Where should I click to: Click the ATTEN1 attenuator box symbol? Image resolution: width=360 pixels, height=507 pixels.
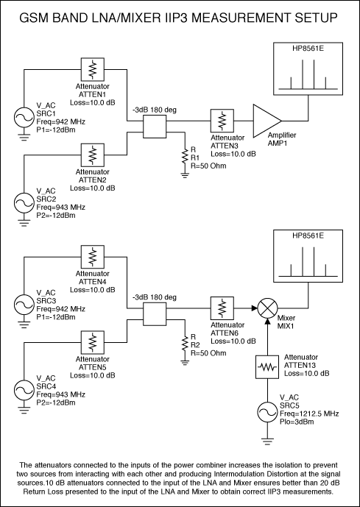[93, 69]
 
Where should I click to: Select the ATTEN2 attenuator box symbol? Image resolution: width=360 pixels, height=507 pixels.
[93, 155]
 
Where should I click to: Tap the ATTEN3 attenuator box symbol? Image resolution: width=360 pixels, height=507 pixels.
[222, 121]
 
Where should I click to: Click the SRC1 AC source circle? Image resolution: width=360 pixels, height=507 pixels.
[24, 118]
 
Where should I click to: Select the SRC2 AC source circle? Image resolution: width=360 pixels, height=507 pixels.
[24, 203]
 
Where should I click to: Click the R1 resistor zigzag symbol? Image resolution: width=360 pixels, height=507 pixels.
[185, 156]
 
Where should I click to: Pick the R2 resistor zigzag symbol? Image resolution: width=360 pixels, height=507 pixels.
[185, 344]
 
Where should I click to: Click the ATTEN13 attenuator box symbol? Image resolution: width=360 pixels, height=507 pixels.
[267, 366]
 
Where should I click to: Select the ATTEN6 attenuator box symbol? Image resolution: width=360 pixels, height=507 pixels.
[222, 308]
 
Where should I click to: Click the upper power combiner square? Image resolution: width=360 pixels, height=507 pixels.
[155, 127]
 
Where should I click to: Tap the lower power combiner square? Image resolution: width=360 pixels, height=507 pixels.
[155, 314]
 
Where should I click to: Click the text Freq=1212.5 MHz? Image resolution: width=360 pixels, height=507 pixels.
[309, 414]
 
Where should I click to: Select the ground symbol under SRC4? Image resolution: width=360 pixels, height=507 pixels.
[24, 411]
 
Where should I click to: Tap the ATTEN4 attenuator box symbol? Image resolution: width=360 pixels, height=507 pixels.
[93, 257]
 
